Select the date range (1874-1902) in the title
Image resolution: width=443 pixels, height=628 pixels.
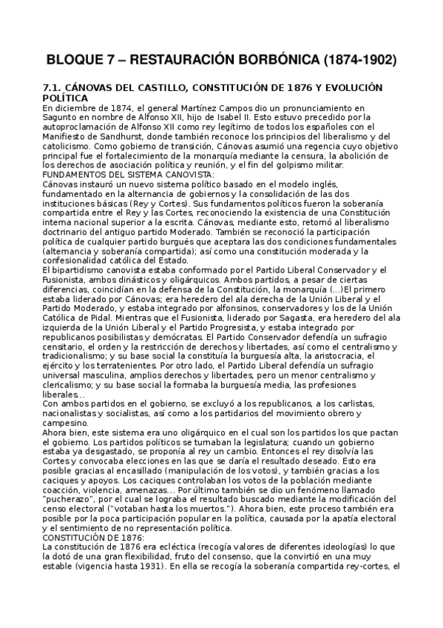(350, 59)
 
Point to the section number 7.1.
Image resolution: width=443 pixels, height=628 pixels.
(55, 87)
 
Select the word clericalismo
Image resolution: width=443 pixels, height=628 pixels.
(72, 385)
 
